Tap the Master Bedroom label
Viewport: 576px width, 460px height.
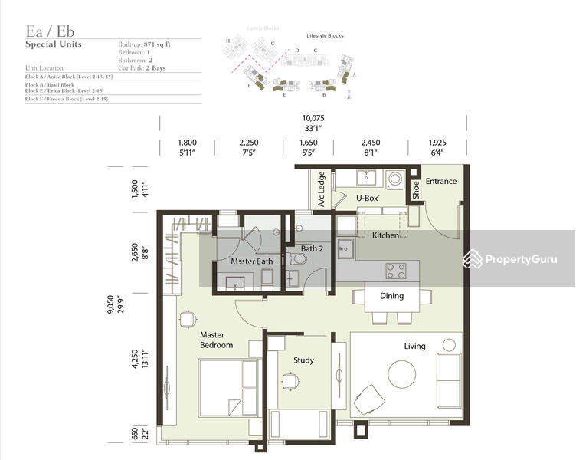(216, 340)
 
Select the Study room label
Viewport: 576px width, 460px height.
(303, 360)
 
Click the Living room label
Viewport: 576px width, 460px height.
(414, 347)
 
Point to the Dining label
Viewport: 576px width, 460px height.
(391, 296)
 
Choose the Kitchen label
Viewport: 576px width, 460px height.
(385, 235)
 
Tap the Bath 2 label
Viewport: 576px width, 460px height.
(313, 248)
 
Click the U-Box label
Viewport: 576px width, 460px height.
(368, 198)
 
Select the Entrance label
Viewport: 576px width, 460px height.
(440, 182)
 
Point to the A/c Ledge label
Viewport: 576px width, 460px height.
(322, 190)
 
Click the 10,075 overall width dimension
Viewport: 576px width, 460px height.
(313, 119)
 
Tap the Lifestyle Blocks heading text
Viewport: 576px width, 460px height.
(325, 36)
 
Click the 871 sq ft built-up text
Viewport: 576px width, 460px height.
(162, 45)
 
